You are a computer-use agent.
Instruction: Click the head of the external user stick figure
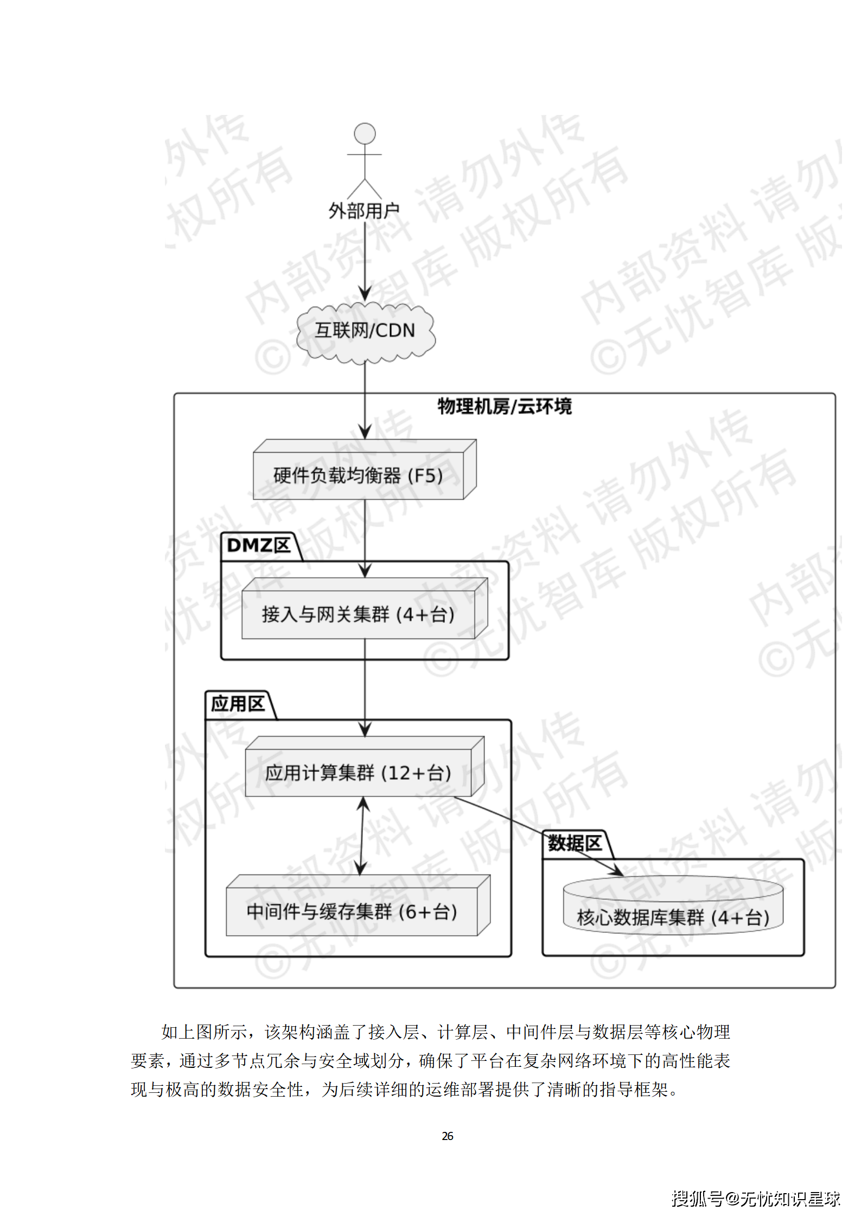pyautogui.click(x=365, y=134)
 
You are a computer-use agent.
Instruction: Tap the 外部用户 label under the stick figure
pyautogui.click(x=364, y=211)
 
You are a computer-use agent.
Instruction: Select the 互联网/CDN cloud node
pyautogui.click(x=365, y=331)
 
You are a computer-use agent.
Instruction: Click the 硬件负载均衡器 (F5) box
pyautogui.click(x=359, y=475)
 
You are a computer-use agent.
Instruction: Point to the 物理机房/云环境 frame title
pyautogui.click(x=505, y=406)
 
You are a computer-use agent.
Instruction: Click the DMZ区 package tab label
pyautogui.click(x=259, y=545)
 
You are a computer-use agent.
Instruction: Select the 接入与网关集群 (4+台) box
pyautogui.click(x=358, y=614)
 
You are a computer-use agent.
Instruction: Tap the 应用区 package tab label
pyautogui.click(x=238, y=704)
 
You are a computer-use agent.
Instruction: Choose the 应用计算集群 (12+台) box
pyautogui.click(x=358, y=772)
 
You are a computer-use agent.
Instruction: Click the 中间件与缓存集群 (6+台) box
pyautogui.click(x=352, y=912)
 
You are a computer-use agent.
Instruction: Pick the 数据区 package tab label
pyautogui.click(x=575, y=843)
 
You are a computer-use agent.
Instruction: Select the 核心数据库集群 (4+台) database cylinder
pyautogui.click(x=673, y=917)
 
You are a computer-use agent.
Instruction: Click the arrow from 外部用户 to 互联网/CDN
pyautogui.click(x=365, y=260)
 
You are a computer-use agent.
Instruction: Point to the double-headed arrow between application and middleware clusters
pyautogui.click(x=362, y=835)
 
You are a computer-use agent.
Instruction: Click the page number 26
pyautogui.click(x=447, y=1136)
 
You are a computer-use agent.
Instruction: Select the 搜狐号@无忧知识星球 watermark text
pyautogui.click(x=755, y=1199)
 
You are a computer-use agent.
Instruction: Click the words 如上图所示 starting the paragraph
pyautogui.click(x=205, y=1032)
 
